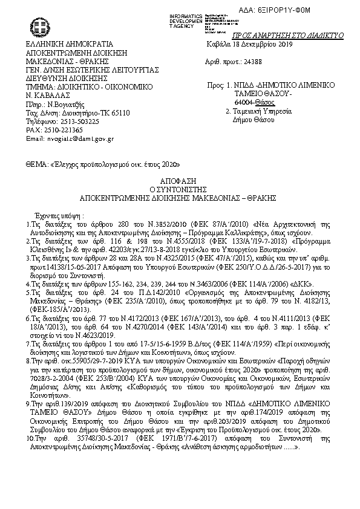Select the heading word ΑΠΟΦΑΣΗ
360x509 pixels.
[x=179, y=181]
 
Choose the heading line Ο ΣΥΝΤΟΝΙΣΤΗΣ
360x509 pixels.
[x=179, y=189]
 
